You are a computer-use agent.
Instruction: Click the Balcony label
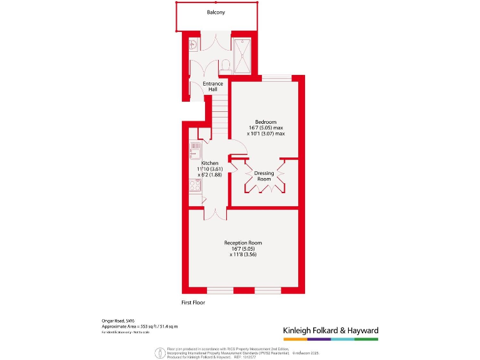[x=216, y=12]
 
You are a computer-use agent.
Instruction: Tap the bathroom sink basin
[x=194, y=44]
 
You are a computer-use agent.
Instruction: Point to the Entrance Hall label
[x=212, y=87]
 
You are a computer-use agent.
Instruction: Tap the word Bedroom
[x=265, y=122]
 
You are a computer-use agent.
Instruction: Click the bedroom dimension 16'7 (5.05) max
[x=265, y=127]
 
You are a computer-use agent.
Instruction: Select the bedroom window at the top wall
[x=276, y=78]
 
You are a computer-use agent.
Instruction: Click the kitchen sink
[x=194, y=152]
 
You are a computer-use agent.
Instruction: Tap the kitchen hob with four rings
[x=194, y=185]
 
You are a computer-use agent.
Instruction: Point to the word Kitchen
[x=210, y=163]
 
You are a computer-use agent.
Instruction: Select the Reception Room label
[x=243, y=242]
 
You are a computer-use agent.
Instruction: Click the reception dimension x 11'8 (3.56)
[x=243, y=254]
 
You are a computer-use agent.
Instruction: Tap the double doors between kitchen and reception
[x=214, y=214]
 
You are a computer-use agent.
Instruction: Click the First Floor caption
[x=193, y=302]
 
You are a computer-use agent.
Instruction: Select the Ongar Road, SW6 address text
[x=117, y=321]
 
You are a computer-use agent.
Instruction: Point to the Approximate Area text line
[x=140, y=326]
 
